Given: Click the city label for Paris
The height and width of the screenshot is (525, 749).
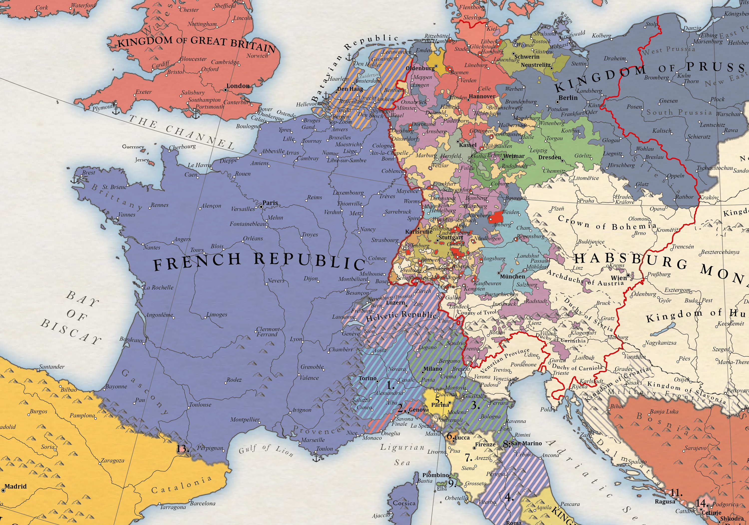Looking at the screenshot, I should tap(270, 203).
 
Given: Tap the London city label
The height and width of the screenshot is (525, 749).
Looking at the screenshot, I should tap(238, 86).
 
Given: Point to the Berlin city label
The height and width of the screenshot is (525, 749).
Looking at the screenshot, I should tap(568, 98).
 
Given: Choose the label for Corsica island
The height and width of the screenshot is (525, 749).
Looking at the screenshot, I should tap(404, 503).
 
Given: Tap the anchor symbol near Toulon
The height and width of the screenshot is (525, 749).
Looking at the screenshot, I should tap(316, 458).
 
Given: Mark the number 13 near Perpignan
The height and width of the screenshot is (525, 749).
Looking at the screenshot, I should tap(182, 449).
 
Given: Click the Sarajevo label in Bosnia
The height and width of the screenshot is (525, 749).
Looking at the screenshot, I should tap(696, 448).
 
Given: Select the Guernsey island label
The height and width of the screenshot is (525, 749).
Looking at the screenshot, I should tap(133, 147).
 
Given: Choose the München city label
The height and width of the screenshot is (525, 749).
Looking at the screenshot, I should tap(513, 276).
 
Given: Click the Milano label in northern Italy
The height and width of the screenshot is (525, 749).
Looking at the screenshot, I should tap(433, 369).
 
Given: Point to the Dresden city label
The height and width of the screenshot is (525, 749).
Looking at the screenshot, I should tap(550, 157).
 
